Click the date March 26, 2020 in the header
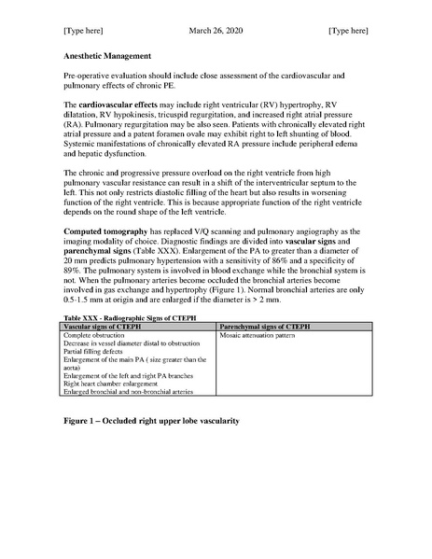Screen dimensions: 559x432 click(215, 31)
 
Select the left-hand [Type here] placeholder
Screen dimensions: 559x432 click(83, 31)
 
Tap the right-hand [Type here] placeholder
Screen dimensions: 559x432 click(348, 31)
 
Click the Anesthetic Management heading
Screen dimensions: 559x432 click(106, 56)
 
